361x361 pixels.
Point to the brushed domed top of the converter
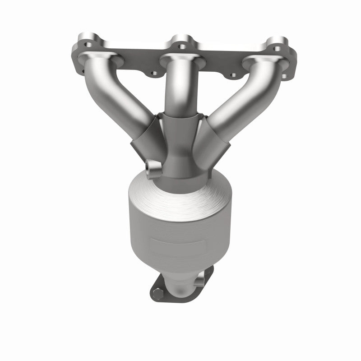tap(180, 199)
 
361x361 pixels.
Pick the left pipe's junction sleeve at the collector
tap(144, 135)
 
